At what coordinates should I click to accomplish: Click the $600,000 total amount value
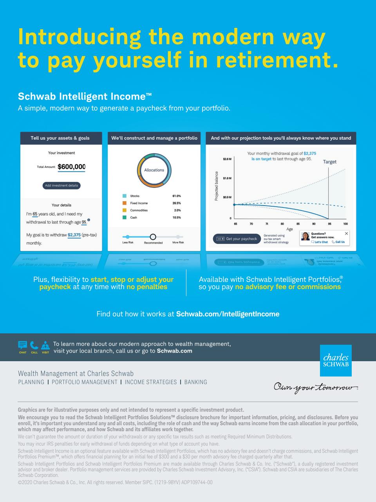pyautogui.click(x=71, y=167)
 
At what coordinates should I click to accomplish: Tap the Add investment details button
pyautogui.click(x=61, y=186)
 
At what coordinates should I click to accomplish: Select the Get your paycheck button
pyautogui.click(x=237, y=239)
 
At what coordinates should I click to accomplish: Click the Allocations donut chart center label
pyautogui.click(x=154, y=170)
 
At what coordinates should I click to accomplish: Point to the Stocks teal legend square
pyautogui.click(x=125, y=196)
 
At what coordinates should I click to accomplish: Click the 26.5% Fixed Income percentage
pyautogui.click(x=176, y=203)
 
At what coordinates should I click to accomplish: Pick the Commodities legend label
pyautogui.click(x=139, y=211)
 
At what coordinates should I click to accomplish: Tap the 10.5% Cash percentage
pyautogui.click(x=176, y=218)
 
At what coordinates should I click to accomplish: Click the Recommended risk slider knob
pyautogui.click(x=153, y=237)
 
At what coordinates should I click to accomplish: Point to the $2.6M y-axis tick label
pyautogui.click(x=227, y=159)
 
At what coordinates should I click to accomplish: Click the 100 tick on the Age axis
pyautogui.click(x=345, y=224)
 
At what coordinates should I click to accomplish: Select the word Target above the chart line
pyautogui.click(x=329, y=162)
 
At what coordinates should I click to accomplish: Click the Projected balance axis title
pyautogui.click(x=216, y=186)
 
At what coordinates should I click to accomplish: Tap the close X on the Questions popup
pyautogui.click(x=346, y=233)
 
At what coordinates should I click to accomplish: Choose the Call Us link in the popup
pyautogui.click(x=338, y=242)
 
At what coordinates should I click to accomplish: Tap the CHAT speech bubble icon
pyautogui.click(x=23, y=346)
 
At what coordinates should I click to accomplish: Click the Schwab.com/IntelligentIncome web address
pyautogui.click(x=228, y=314)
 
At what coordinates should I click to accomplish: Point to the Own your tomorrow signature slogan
pyautogui.click(x=316, y=387)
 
